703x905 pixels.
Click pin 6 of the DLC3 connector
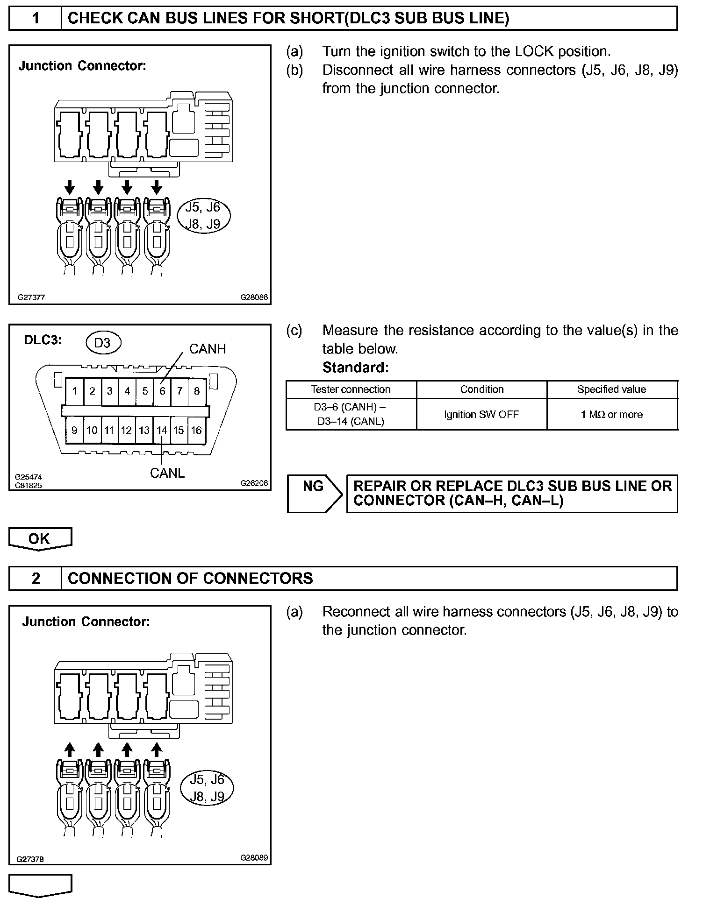coord(162,391)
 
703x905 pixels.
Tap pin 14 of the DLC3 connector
coord(162,430)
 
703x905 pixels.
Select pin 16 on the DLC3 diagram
coord(196,430)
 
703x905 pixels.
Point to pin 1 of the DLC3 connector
coord(74,391)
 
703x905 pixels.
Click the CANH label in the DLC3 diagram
coord(207,349)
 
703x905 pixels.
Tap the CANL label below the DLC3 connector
coord(167,473)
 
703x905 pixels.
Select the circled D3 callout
coord(102,343)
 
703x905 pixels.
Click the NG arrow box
coord(314,494)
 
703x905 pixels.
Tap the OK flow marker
coord(40,539)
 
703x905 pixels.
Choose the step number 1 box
coord(36,18)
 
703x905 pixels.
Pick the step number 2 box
coord(36,578)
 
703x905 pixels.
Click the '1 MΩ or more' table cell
coord(612,414)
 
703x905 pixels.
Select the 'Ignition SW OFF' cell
coord(481,414)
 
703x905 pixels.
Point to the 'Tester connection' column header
coord(351,389)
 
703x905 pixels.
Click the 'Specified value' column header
coord(611,389)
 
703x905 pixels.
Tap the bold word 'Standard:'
coord(355,368)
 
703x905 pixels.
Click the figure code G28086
coord(254,297)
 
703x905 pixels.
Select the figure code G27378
coord(30,859)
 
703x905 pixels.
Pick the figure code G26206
coord(254,483)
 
